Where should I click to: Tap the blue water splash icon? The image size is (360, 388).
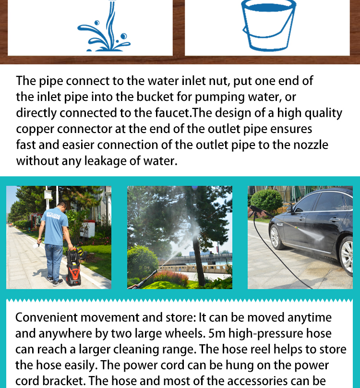tap(104, 27)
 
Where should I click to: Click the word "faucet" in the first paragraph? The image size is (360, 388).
tap(172, 113)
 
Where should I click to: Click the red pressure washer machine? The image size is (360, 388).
tap(74, 267)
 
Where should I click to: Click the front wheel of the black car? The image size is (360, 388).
tap(276, 237)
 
